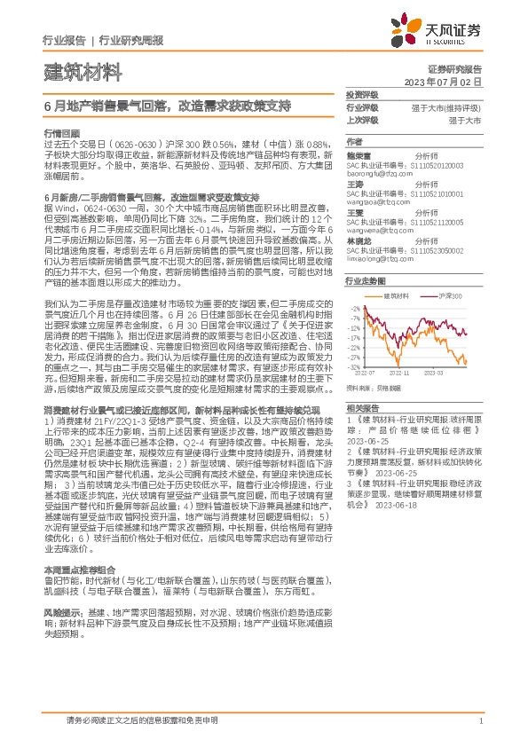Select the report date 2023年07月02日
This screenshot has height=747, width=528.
(443, 81)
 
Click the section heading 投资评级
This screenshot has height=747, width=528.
(361, 95)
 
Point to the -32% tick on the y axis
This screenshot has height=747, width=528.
(354, 366)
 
